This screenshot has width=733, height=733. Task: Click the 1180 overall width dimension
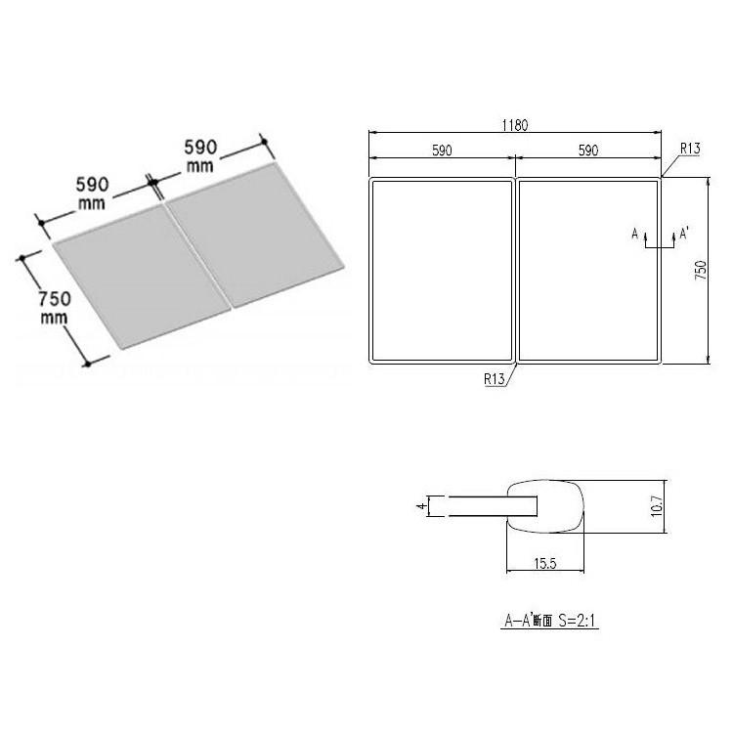pos(515,125)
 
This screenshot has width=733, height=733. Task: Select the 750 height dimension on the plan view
pos(701,270)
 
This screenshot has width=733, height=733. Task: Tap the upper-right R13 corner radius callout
pos(690,149)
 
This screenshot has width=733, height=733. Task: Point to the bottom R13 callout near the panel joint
pos(495,378)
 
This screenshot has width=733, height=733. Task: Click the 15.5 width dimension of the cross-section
pos(545,563)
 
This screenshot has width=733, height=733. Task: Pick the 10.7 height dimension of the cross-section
pos(657,506)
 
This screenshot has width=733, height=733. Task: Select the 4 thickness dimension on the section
pos(422,506)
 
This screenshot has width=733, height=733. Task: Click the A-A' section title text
pos(549,621)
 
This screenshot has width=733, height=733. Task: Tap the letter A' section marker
pos(684,233)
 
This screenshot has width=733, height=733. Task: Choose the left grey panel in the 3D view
pos(142,277)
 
